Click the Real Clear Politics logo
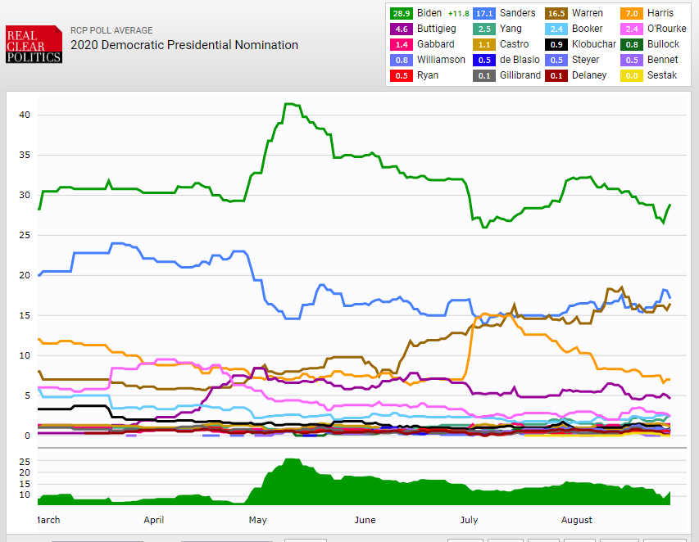pos(34,44)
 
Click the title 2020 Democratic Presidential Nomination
pos(184,45)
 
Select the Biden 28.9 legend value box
pos(402,13)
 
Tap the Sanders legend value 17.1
pos(484,13)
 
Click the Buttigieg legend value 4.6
pos(402,29)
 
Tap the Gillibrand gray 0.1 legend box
pos(484,75)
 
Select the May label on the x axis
pos(257,520)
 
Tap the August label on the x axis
pos(577,520)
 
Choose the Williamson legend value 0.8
pos(402,60)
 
